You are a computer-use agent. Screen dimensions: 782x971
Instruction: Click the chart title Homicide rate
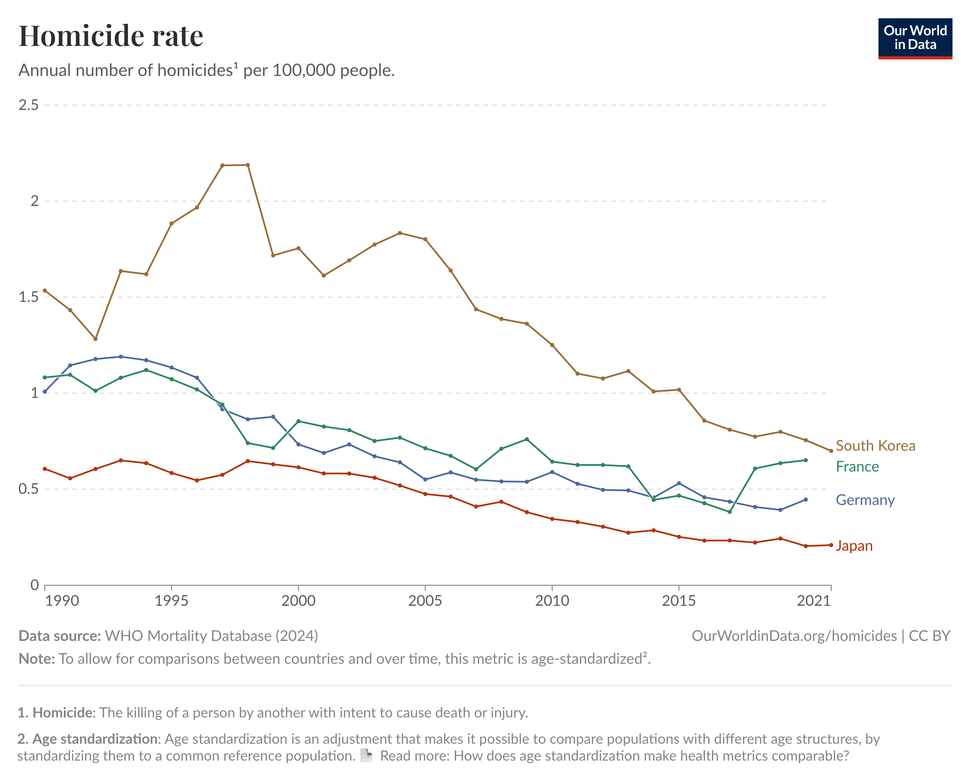(111, 36)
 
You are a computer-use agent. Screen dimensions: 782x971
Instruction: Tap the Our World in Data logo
(915, 38)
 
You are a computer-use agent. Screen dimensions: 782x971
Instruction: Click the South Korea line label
(875, 446)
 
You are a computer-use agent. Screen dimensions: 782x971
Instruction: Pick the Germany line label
(865, 500)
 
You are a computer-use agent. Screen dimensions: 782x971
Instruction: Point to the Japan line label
(854, 546)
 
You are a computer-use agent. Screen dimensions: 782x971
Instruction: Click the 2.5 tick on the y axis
(28, 105)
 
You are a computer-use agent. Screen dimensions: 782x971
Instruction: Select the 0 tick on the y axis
(34, 585)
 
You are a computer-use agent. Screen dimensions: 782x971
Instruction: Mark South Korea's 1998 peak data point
(248, 165)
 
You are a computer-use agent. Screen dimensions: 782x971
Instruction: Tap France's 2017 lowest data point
(730, 512)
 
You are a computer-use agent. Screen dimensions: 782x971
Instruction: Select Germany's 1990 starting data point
(45, 392)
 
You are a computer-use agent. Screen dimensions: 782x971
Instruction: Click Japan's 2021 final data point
(831, 545)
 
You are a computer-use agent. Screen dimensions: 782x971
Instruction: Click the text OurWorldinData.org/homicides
(794, 635)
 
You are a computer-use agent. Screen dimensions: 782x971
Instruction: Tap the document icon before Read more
(366, 755)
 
